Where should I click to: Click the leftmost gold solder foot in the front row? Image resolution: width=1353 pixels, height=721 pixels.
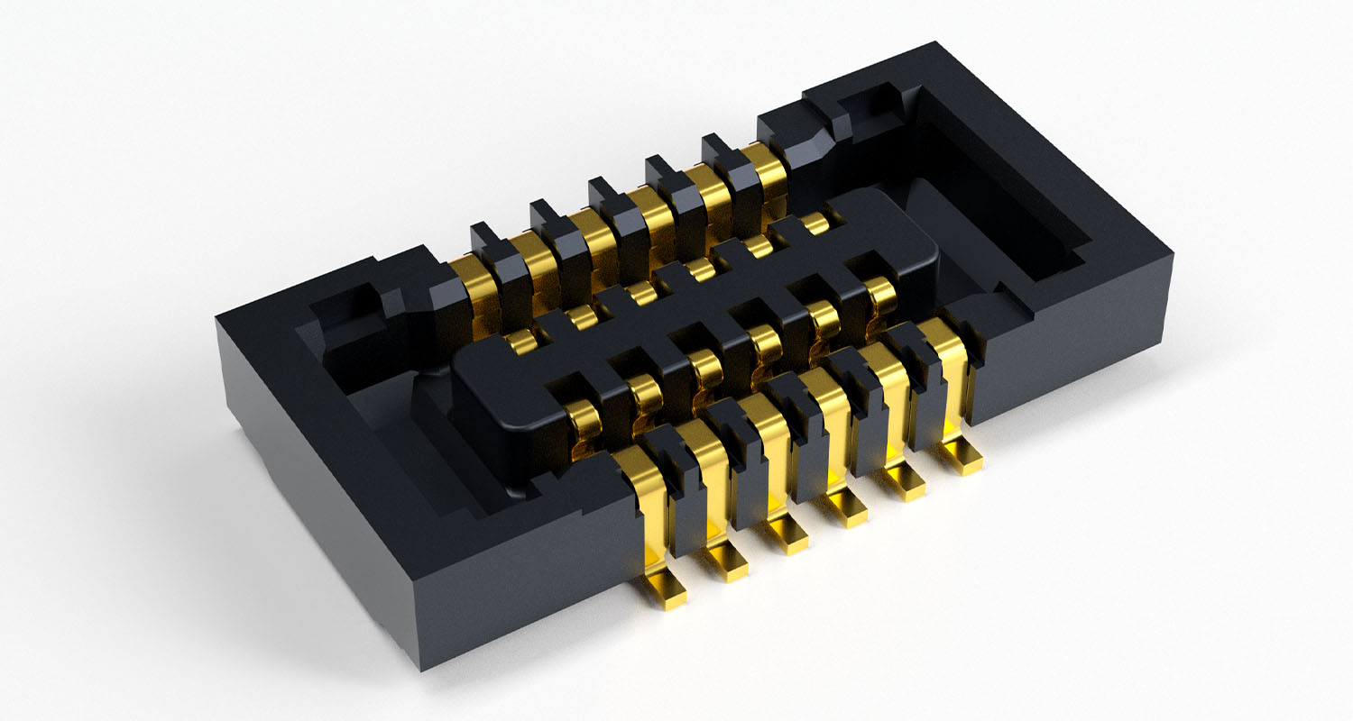click(x=667, y=589)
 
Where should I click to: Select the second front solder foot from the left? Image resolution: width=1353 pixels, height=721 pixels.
click(x=727, y=561)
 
